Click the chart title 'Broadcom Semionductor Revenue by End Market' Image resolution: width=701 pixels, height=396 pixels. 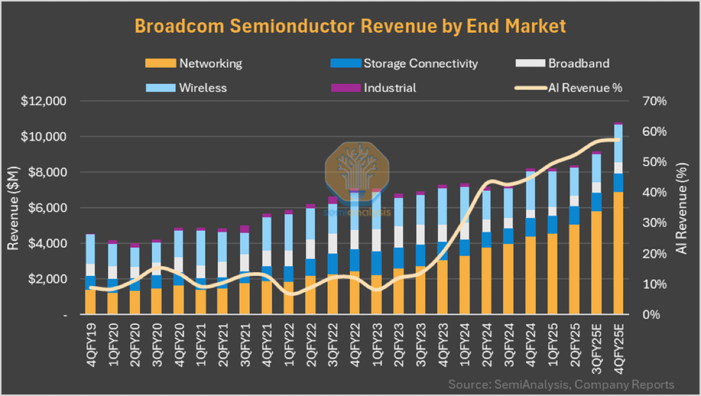350,26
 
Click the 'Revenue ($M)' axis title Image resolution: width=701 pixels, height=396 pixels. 13,207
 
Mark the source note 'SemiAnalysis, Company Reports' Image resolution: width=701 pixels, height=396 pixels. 562,384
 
